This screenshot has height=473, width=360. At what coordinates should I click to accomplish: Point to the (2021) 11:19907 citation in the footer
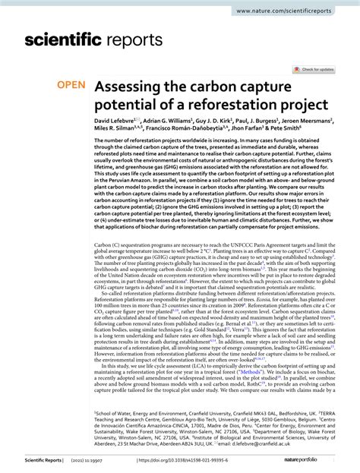(x=108, y=461)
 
